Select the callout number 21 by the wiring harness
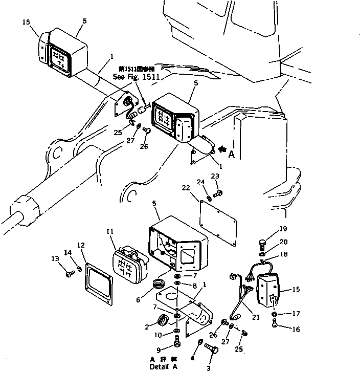tap(256, 317)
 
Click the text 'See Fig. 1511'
tap(137, 77)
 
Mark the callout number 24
tap(200, 181)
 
